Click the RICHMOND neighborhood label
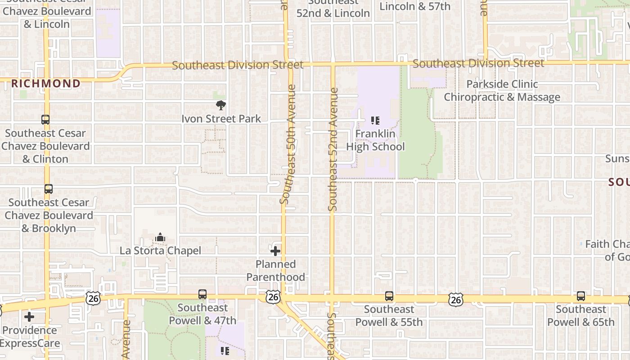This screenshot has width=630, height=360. pyautogui.click(x=45, y=83)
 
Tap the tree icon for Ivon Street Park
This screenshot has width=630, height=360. pyautogui.click(x=220, y=106)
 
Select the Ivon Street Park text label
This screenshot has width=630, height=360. pyautogui.click(x=221, y=119)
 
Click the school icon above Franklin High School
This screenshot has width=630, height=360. pyautogui.click(x=375, y=121)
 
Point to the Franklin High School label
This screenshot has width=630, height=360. pyautogui.click(x=375, y=140)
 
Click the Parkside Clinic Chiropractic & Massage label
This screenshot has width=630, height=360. pyautogui.click(x=502, y=90)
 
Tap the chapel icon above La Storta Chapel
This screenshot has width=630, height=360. pyautogui.click(x=160, y=237)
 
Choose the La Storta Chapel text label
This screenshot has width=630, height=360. pyautogui.click(x=160, y=251)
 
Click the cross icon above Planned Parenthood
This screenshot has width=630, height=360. pyautogui.click(x=275, y=251)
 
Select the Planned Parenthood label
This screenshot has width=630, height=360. pyautogui.click(x=275, y=270)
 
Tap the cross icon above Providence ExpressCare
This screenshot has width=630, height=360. pyautogui.click(x=29, y=317)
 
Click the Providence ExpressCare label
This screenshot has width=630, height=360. pyautogui.click(x=30, y=337)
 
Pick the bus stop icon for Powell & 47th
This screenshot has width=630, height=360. pyautogui.click(x=202, y=294)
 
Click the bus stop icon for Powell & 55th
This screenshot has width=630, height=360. pyautogui.click(x=389, y=296)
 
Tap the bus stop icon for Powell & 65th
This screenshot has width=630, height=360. pyautogui.click(x=581, y=296)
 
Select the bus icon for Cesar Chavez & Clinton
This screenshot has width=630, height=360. pyautogui.click(x=45, y=120)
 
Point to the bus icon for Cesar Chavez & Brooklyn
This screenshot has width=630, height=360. pyautogui.click(x=48, y=189)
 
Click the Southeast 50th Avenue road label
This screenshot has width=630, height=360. pyautogui.click(x=288, y=144)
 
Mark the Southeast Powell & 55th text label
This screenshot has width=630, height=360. pyautogui.click(x=389, y=315)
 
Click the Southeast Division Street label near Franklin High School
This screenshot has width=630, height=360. pyautogui.click(x=478, y=63)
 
